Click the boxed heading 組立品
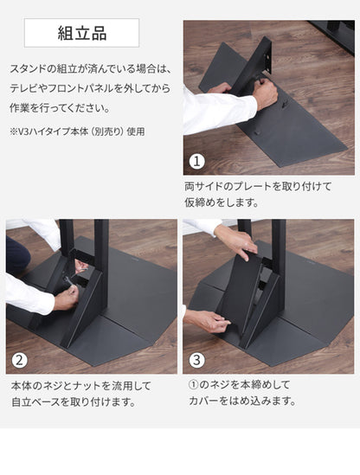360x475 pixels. tap(82, 35)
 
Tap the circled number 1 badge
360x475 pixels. tap(196, 162)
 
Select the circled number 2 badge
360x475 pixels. tap(19, 361)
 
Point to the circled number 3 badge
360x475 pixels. tap(196, 361)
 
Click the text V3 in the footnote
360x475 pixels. tap(24, 132)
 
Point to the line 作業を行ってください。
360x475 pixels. tap(60, 109)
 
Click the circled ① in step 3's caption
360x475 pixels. tap(195, 383)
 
